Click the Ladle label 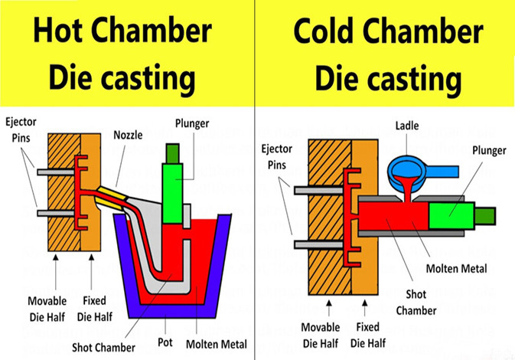(406, 124)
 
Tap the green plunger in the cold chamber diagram (451, 216)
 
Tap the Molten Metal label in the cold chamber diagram (457, 268)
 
